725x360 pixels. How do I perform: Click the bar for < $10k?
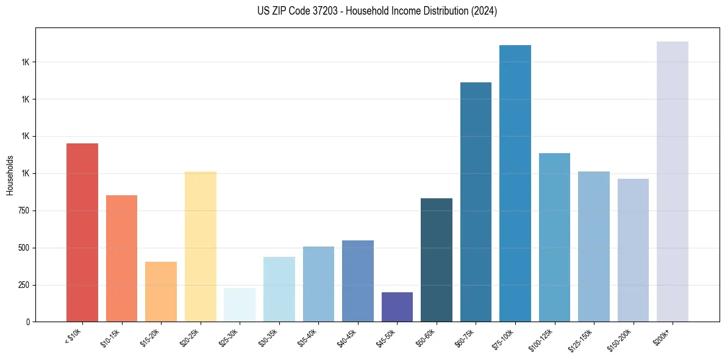[x=82, y=232]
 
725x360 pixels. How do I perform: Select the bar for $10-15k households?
[x=121, y=258]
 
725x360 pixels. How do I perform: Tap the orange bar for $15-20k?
[x=161, y=292]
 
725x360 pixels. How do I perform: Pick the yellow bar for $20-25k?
[x=200, y=247]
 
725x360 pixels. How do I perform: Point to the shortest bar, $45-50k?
[x=397, y=307]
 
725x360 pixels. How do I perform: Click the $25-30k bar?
[x=240, y=304]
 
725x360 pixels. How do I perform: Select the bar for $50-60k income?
[x=437, y=260]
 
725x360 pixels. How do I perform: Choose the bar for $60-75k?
[x=476, y=202]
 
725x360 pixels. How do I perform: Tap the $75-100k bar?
[x=515, y=183]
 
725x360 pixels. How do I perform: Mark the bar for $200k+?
[x=673, y=181]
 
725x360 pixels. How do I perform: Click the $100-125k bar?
[x=554, y=237]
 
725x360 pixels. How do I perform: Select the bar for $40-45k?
[x=358, y=281]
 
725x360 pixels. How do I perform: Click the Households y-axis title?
[x=10, y=175]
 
